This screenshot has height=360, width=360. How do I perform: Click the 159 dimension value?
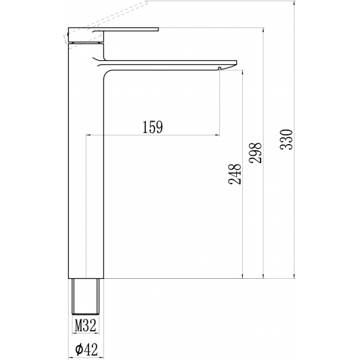coord(153,127)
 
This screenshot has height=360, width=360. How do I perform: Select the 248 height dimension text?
coord(235,174)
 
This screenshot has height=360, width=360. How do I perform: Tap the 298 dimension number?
coord(255,153)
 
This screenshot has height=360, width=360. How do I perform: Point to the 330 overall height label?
coord(286,140)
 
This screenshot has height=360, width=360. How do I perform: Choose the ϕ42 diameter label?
coord(86,350)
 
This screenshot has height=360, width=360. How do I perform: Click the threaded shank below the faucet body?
coord(86,296)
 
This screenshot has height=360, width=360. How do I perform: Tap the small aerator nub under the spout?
coord(220,69)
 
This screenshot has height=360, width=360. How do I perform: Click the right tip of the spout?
coord(237,63)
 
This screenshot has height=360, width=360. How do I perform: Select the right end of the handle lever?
coord(158,29)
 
